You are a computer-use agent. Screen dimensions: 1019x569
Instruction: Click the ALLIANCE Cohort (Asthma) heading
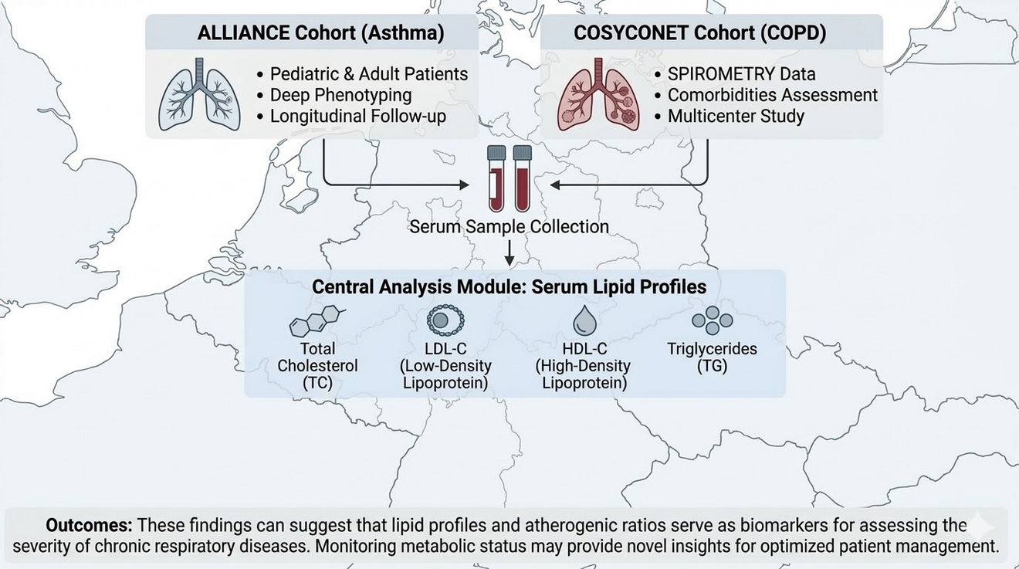pos(320,33)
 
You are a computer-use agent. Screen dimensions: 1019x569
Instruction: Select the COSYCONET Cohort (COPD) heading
pos(699,33)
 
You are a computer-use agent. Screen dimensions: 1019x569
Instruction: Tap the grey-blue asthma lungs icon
pos(199,94)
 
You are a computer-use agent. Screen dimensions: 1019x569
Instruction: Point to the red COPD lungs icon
pos(598,94)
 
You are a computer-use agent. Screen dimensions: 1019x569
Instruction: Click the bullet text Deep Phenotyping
pos(340,95)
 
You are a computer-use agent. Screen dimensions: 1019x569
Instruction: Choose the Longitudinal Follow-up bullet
pos(358,116)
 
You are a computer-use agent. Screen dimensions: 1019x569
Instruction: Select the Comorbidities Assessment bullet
pos(773,95)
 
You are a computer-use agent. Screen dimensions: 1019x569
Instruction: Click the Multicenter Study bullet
pos(736,116)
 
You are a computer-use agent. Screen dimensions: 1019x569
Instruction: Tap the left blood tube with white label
pos(496,179)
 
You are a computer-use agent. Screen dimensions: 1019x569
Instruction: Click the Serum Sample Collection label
pos(509,226)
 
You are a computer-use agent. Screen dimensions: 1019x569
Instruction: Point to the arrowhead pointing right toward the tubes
pos(464,185)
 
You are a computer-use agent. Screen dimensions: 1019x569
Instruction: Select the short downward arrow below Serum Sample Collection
pos(509,253)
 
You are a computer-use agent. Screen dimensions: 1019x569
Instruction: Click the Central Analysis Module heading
pos(509,287)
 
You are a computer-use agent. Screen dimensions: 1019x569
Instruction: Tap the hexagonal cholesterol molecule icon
pos(317,320)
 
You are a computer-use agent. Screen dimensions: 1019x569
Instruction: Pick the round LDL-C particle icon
pos(445,320)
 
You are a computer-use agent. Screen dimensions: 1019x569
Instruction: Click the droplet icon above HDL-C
pos(584,320)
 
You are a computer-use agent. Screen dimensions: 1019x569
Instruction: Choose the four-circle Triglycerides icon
pos(713,320)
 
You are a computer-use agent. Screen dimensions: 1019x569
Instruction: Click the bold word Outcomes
pos(90,525)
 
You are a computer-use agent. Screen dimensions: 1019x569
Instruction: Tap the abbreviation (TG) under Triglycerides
pos(712,366)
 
